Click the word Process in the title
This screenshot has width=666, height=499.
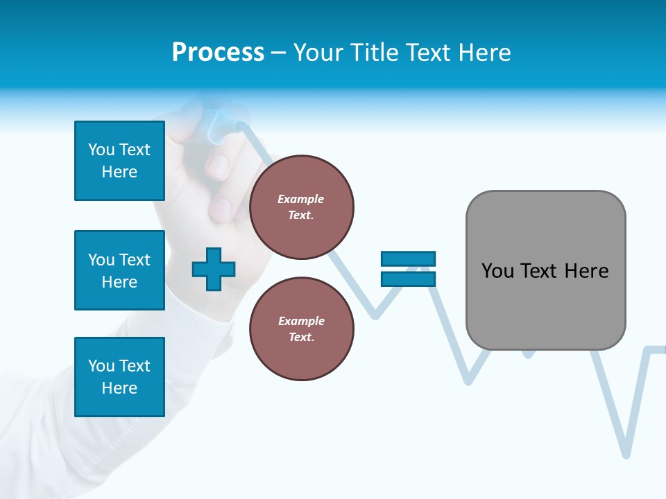(218, 53)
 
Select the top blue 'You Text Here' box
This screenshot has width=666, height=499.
(119, 161)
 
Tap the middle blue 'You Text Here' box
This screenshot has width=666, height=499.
(119, 270)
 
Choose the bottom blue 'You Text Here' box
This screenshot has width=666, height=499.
(119, 377)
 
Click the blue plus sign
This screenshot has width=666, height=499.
(214, 269)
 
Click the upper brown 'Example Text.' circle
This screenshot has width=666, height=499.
(301, 207)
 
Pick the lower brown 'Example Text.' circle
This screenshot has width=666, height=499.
(301, 329)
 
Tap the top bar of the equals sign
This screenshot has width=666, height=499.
(408, 259)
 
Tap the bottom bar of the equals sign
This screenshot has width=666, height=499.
(408, 279)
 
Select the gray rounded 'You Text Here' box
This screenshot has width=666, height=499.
(545, 270)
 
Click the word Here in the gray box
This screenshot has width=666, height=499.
(586, 271)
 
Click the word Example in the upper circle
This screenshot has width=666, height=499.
(301, 199)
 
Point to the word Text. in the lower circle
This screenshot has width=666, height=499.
(301, 338)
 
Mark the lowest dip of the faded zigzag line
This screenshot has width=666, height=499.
(626, 454)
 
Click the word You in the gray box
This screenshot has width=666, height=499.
(498, 271)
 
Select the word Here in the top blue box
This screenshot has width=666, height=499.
(119, 172)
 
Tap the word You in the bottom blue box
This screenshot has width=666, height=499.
(101, 366)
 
